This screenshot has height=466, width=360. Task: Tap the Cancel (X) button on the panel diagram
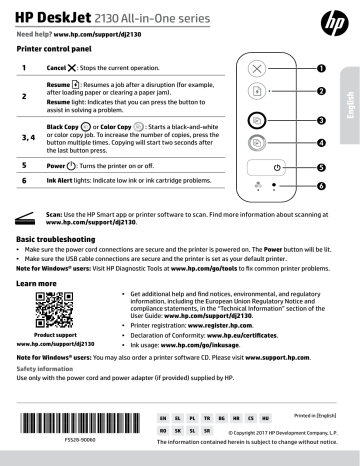[x=258, y=68]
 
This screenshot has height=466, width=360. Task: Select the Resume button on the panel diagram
[x=258, y=92]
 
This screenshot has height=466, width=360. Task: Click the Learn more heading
[x=38, y=284]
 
